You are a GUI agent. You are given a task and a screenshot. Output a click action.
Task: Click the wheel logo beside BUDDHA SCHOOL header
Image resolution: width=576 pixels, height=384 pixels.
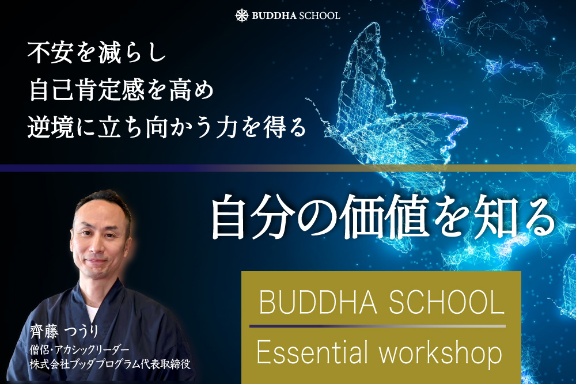[242, 16]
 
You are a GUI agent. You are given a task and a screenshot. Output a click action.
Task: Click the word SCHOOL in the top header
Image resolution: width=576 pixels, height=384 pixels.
[320, 16]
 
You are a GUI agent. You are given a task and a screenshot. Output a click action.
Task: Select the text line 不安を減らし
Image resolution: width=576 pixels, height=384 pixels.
[97, 53]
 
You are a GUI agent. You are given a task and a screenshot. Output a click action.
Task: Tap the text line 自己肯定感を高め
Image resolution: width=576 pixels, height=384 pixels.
[121, 90]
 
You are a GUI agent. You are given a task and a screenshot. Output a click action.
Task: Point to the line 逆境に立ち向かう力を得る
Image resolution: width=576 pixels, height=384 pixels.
[167, 127]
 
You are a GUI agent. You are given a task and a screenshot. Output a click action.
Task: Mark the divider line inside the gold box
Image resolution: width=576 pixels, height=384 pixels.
[377, 326]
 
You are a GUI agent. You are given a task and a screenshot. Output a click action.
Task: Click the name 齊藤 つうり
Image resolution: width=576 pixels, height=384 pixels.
[65, 332]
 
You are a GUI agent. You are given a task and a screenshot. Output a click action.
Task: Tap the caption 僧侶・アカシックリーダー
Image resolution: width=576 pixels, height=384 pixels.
[79, 350]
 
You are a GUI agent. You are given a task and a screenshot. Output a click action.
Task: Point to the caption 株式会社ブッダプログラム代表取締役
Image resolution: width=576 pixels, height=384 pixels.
[110, 364]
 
